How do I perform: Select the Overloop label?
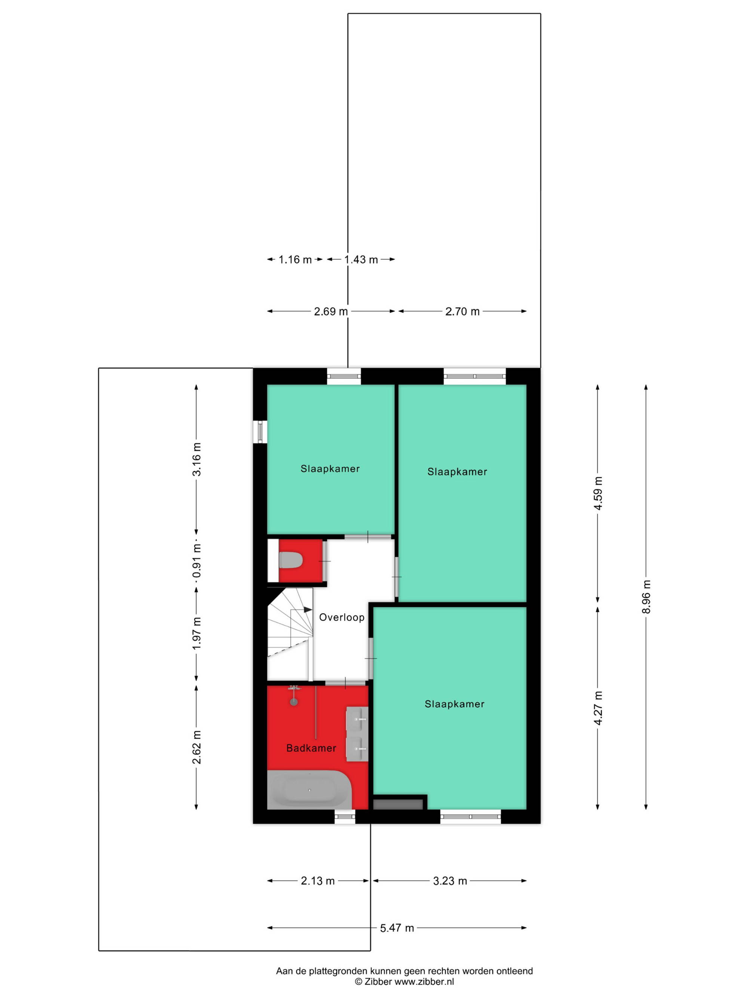coord(342,617)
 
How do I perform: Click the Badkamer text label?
coord(311,748)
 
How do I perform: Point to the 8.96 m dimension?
coord(647,596)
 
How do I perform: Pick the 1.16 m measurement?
coord(295,259)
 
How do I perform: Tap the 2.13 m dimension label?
coord(318,881)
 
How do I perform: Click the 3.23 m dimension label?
coord(450,881)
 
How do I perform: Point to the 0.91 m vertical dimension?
coord(197,561)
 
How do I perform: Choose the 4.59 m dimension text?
coord(598,493)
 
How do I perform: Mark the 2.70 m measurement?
coord(463,311)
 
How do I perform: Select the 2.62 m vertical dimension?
coord(197,747)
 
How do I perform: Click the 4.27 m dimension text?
coord(598,708)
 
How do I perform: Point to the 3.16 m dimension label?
coord(197,459)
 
